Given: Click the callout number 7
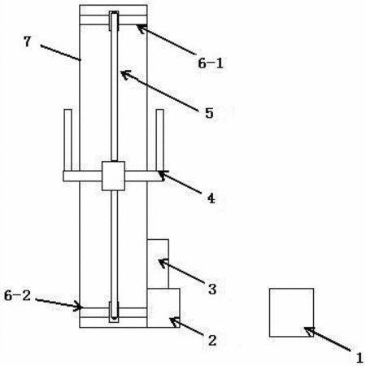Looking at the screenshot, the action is [27, 41].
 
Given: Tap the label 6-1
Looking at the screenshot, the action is [211, 63].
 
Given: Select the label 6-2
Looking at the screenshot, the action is [17, 295].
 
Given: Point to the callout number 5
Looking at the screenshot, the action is [209, 113].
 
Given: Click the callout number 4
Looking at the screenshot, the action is [211, 198].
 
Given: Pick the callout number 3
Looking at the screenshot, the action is [212, 289].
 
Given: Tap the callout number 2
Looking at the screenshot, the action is [212, 340].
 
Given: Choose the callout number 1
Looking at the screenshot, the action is [359, 358].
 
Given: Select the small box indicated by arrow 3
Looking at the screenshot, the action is [158, 264].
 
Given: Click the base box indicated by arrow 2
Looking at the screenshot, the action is [163, 307].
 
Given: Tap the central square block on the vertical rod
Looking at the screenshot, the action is [113, 176].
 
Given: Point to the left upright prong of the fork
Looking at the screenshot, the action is [68, 140].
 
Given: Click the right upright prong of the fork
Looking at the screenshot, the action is [160, 140].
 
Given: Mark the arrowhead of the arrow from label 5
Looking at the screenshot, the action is [125, 75].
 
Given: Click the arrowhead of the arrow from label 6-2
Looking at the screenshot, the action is [78, 307].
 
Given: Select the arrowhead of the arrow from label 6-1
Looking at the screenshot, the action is [141, 28].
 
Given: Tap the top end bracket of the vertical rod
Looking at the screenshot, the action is [114, 21].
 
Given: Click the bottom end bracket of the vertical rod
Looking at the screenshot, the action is [114, 312].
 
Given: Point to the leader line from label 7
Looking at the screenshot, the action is [60, 53].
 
